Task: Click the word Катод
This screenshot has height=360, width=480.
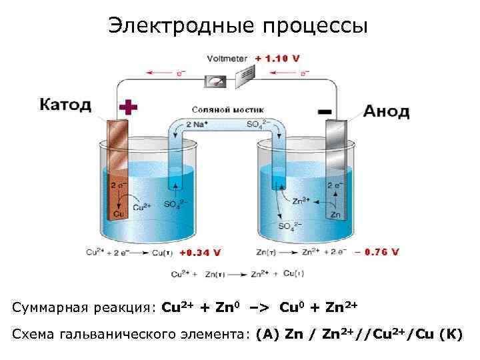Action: point(65,105)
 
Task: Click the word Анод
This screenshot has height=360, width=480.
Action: point(386,111)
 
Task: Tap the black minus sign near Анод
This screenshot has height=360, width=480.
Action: point(325,109)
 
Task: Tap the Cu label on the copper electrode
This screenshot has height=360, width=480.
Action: point(119,214)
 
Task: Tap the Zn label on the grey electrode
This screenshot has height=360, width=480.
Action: point(335,215)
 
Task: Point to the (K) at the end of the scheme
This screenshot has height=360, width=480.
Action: point(451,334)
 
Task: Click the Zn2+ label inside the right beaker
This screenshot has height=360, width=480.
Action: point(301,200)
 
